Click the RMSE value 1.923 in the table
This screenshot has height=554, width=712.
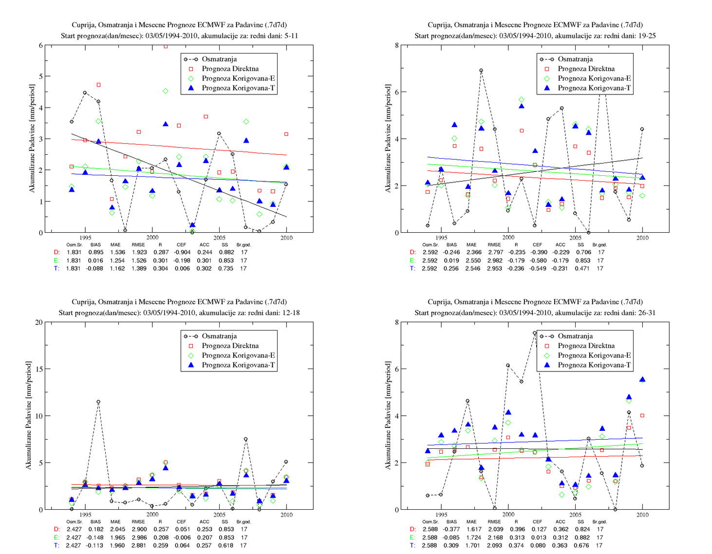pos(139,252)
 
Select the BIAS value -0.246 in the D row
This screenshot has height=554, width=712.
pos(451,252)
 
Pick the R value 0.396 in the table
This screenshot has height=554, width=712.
pos(517,529)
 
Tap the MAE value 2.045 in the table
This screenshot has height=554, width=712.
pos(118,529)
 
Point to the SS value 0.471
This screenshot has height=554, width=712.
pos(582,268)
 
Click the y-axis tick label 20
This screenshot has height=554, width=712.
pos(38,322)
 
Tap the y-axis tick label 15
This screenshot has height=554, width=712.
pos(38,369)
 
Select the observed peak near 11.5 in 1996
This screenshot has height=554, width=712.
pos(98,402)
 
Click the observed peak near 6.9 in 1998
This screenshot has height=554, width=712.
pos(481,71)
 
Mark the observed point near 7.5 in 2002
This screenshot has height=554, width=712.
pos(535,333)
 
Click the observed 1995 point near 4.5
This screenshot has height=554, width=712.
pos(85,92)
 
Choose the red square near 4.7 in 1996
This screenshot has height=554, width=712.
pos(98,85)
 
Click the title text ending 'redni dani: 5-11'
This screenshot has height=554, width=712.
pos(179,36)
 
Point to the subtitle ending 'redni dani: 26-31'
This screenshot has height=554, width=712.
pos(535,313)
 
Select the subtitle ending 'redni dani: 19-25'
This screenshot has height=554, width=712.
pos(535,36)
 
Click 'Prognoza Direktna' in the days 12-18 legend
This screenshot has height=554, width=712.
pos(230,346)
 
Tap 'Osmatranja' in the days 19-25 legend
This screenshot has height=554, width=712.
pos(575,59)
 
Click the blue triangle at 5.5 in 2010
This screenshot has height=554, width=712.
pos(642,380)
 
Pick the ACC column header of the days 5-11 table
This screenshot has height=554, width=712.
pos(204,244)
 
